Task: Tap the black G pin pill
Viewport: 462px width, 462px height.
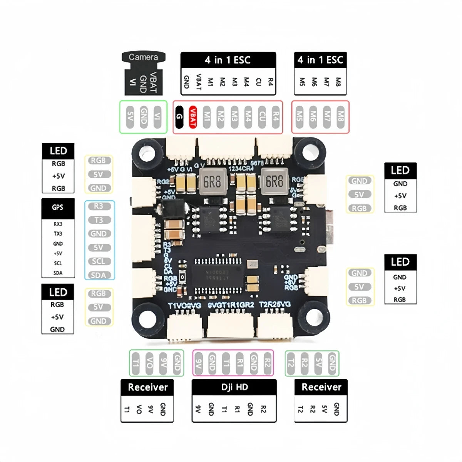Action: pyautogui.click(x=179, y=117)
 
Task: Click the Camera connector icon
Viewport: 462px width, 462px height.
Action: pyautogui.click(x=143, y=73)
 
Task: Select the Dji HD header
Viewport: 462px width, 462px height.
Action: pyautogui.click(x=234, y=387)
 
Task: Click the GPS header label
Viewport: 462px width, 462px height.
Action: pyautogui.click(x=58, y=208)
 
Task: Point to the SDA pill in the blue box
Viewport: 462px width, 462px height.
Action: pyautogui.click(x=99, y=275)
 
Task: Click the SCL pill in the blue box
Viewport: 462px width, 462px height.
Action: pyautogui.click(x=99, y=261)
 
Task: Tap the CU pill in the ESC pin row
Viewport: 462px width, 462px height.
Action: pyautogui.click(x=262, y=117)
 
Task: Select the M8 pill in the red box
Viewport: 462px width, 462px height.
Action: pyautogui.click(x=340, y=117)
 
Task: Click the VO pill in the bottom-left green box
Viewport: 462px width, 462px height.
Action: pyautogui.click(x=149, y=363)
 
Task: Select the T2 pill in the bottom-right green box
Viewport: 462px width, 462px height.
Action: pyautogui.click(x=291, y=363)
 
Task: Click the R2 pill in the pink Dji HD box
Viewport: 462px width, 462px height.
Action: pyautogui.click(x=267, y=363)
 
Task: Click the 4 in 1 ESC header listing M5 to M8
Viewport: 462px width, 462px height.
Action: pyautogui.click(x=320, y=60)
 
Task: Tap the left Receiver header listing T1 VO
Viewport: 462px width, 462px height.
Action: pyautogui.click(x=147, y=387)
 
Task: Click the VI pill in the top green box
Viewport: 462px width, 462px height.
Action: pyautogui.click(x=157, y=117)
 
